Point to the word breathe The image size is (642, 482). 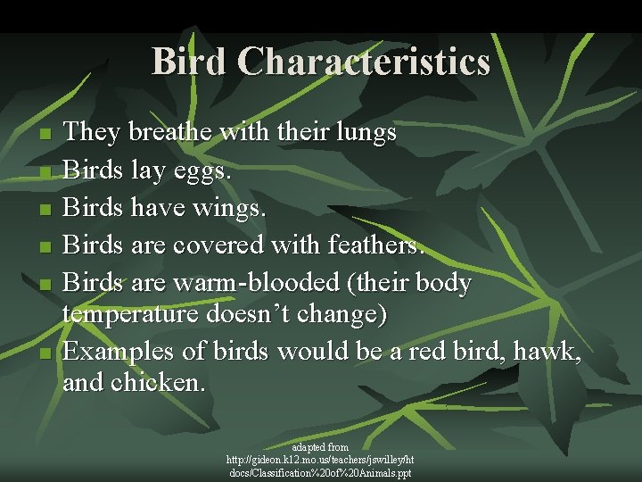coord(171,134)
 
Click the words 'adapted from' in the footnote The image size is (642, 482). coord(320,446)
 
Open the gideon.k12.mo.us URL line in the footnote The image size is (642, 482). coord(320,459)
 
